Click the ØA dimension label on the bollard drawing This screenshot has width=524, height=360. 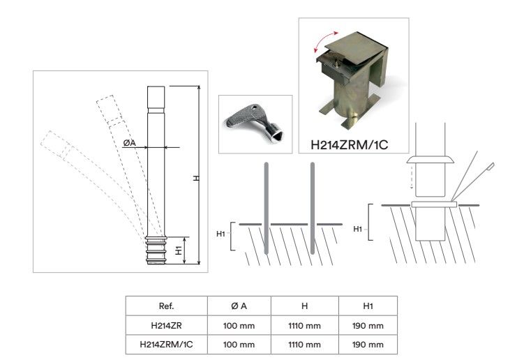click(129, 143)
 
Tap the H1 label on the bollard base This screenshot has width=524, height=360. click(179, 250)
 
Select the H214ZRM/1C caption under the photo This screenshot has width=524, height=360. click(350, 144)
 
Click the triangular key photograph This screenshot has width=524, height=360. click(255, 123)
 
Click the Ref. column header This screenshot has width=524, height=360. click(167, 306)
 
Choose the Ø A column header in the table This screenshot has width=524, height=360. click(239, 306)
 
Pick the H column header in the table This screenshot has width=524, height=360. click(304, 306)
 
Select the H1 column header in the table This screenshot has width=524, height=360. click(368, 306)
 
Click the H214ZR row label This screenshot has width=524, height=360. click(167, 326)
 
